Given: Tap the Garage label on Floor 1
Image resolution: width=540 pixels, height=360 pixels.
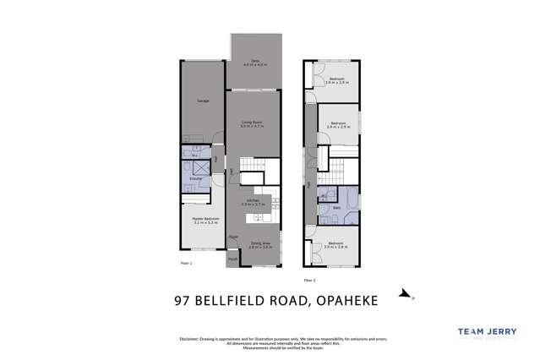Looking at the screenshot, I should pos(203,101).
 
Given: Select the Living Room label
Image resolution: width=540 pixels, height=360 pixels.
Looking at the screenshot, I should pos(253,123).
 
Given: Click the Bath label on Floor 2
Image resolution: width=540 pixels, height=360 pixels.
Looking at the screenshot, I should pos(337,206).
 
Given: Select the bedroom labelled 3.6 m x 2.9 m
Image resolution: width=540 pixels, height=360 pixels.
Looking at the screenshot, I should pos(337,79).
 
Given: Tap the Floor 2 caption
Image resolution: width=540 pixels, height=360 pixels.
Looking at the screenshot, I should pos(308,278).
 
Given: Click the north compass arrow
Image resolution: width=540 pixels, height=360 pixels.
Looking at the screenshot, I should pos(406,297).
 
